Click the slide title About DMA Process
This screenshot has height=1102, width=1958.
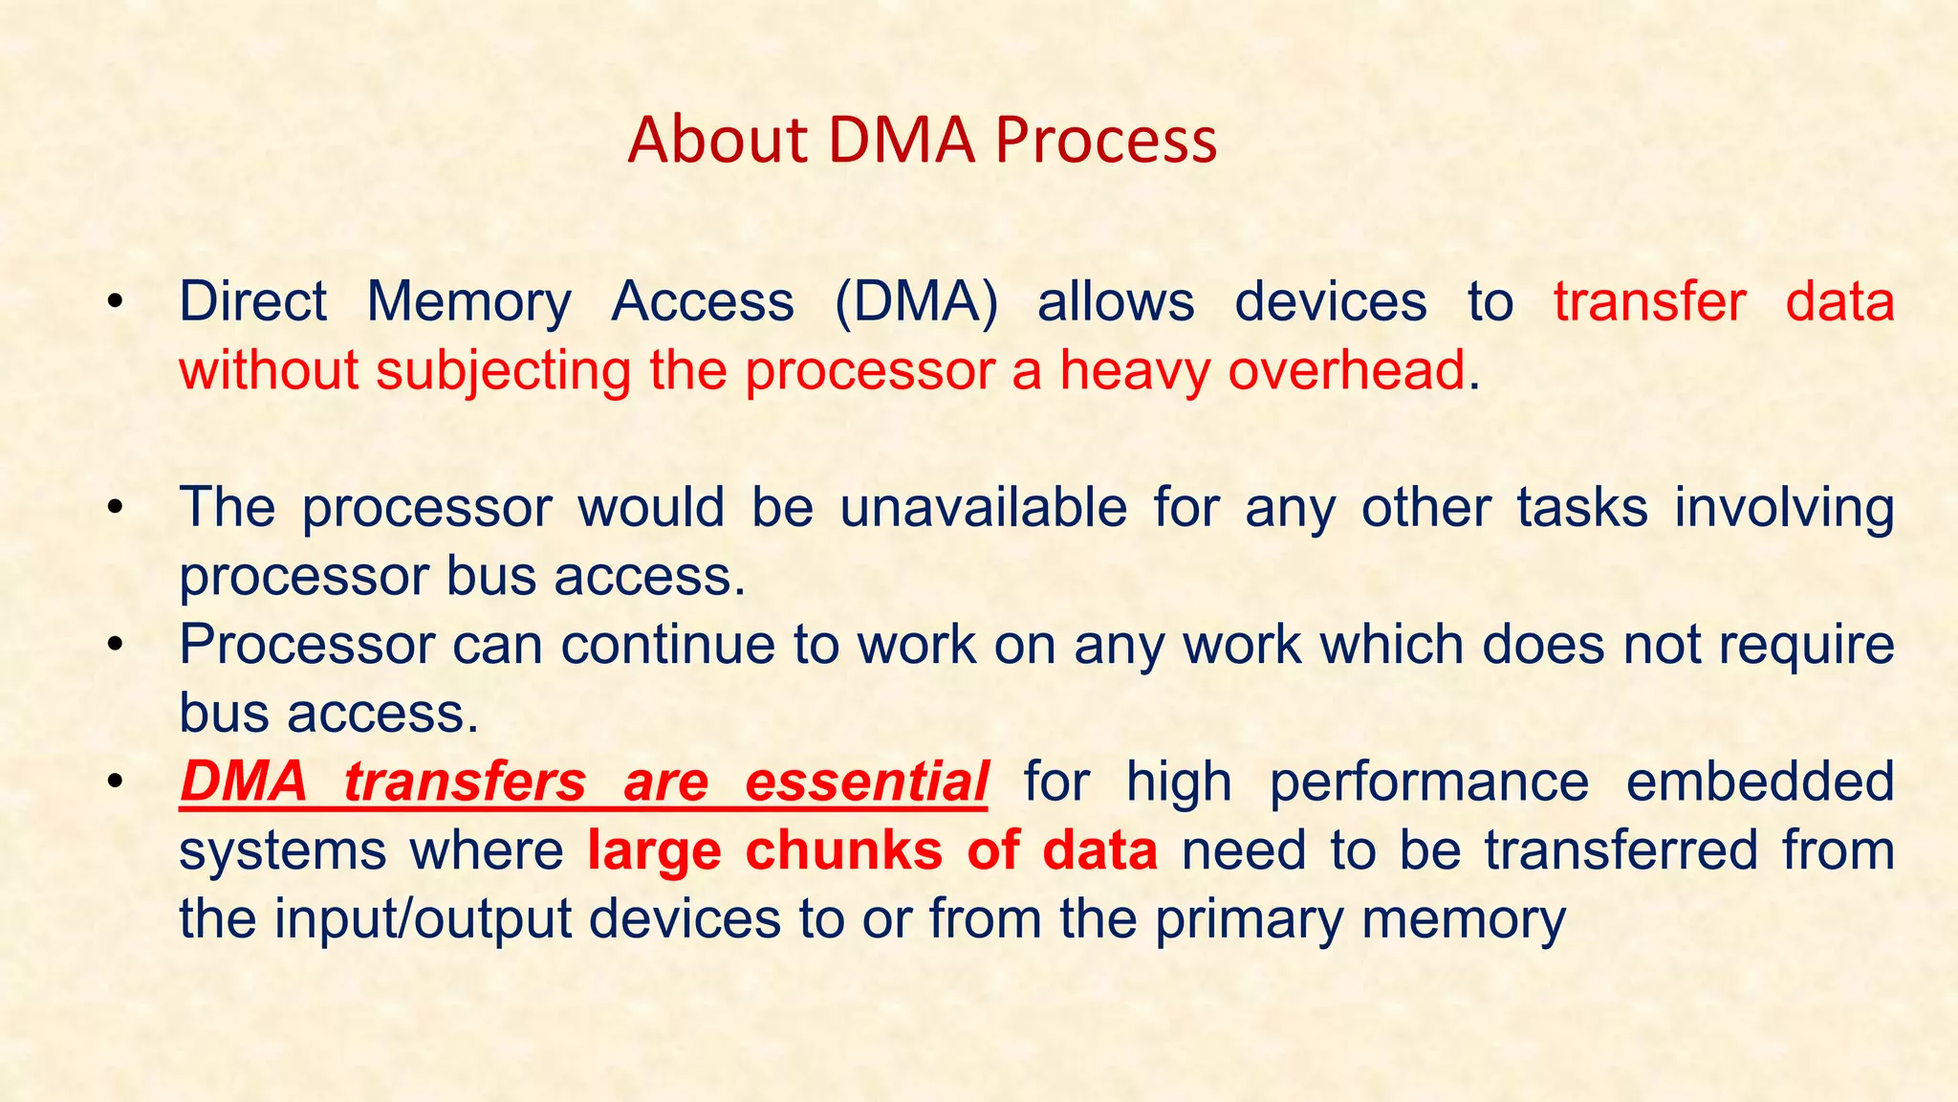[x=922, y=140]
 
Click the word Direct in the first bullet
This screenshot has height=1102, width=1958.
[x=252, y=301]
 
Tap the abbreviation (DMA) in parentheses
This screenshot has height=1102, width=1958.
[x=916, y=301]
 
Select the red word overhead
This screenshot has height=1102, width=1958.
[x=1346, y=370]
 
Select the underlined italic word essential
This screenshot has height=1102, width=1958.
[x=865, y=782]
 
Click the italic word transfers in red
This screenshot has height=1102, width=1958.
[x=465, y=782]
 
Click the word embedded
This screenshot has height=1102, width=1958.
[x=1759, y=782]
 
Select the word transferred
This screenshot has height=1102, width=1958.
[x=1621, y=850]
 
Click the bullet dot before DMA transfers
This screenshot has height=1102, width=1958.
[x=116, y=782]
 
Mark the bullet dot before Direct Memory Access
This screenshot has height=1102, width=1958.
[x=116, y=302]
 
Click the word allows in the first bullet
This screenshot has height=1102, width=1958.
[x=1116, y=301]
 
